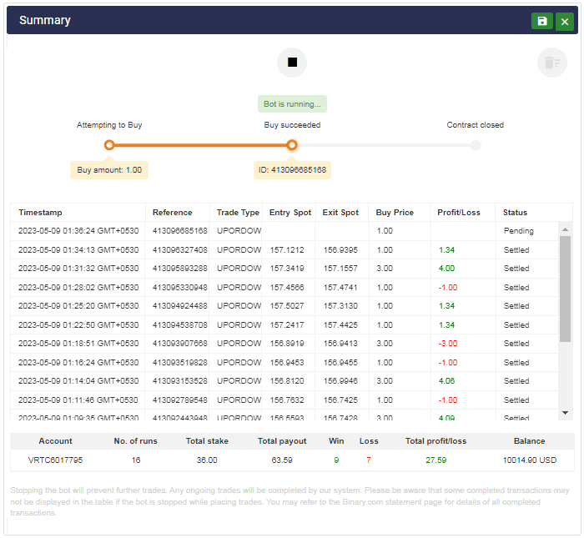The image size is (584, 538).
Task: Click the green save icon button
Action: [x=542, y=21]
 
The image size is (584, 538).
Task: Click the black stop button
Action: [x=292, y=63]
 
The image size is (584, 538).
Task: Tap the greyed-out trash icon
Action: [x=551, y=63]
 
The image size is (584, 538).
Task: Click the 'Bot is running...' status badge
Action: [x=292, y=104]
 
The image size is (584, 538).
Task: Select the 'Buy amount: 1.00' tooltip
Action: [x=109, y=170]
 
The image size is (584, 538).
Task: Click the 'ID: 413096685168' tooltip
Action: [x=292, y=170]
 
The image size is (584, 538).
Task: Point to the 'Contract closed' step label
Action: [x=475, y=125]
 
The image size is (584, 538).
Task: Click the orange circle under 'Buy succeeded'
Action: [x=292, y=145]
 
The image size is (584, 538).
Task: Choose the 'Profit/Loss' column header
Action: [x=460, y=213]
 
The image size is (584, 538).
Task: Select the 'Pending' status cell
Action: [x=518, y=231]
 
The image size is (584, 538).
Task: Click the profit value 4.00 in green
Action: [x=446, y=269]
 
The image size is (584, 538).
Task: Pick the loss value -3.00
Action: [x=448, y=344]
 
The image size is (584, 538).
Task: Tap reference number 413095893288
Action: [x=179, y=269]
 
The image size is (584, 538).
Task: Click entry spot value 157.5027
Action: [x=286, y=306]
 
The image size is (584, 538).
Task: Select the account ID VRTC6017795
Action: [x=56, y=460]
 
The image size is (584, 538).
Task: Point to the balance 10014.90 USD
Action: [x=529, y=460]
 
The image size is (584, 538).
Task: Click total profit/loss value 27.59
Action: [x=436, y=460]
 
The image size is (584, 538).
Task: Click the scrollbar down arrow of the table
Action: [x=565, y=413]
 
